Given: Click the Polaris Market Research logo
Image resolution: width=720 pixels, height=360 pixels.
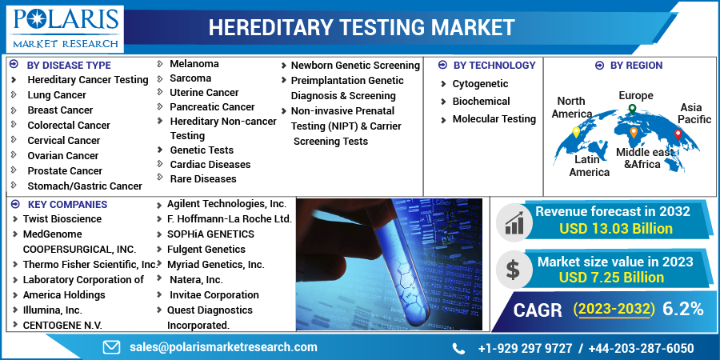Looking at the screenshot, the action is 65,29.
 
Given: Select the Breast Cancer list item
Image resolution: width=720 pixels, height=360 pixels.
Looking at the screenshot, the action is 60,110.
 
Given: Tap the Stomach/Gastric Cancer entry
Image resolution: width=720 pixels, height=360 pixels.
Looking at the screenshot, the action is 85,186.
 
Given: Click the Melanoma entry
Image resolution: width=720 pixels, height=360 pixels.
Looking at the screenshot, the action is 194,64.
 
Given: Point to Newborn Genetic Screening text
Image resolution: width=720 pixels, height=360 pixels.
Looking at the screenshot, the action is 355,66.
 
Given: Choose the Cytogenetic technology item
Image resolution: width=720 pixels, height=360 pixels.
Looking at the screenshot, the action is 480,84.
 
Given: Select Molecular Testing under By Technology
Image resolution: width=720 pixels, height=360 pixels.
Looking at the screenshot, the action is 494,119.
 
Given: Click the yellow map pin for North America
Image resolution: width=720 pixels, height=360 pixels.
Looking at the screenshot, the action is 576,132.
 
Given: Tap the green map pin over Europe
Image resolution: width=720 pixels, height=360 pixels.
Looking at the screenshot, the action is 632,109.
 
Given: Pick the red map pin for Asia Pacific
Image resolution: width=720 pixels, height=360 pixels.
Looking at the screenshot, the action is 678,134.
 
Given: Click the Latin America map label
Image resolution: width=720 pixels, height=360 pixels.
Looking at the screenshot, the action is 589,166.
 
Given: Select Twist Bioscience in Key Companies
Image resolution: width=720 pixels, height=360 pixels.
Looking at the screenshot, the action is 62,219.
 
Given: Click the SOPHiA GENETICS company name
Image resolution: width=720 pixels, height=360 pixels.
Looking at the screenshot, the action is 210,234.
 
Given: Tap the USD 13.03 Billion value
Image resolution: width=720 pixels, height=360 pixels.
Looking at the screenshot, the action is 616,228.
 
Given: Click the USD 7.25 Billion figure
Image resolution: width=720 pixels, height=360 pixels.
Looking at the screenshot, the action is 611,278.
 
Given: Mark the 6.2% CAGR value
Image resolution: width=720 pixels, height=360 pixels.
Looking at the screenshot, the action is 683,309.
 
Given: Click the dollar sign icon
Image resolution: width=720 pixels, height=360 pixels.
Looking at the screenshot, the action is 513,270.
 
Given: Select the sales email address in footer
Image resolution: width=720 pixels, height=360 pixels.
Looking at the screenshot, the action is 223,347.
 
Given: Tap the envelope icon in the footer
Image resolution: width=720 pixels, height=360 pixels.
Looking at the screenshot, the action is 111,347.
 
